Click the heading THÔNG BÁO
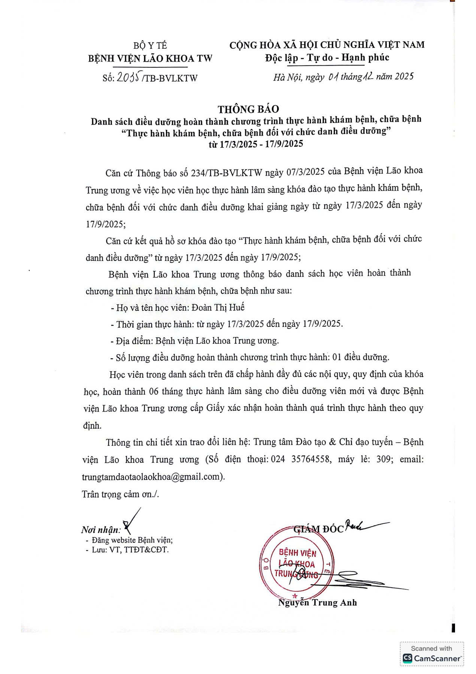click(x=248, y=109)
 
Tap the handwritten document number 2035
click(x=128, y=77)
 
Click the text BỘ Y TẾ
click(x=150, y=46)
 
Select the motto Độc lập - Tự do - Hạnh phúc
click(x=327, y=58)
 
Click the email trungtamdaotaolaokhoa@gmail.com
click(x=152, y=477)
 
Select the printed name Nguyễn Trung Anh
click(x=318, y=602)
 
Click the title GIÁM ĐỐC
click(x=318, y=529)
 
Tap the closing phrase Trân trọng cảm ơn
click(x=120, y=494)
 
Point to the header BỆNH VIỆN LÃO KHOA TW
click(x=150, y=58)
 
